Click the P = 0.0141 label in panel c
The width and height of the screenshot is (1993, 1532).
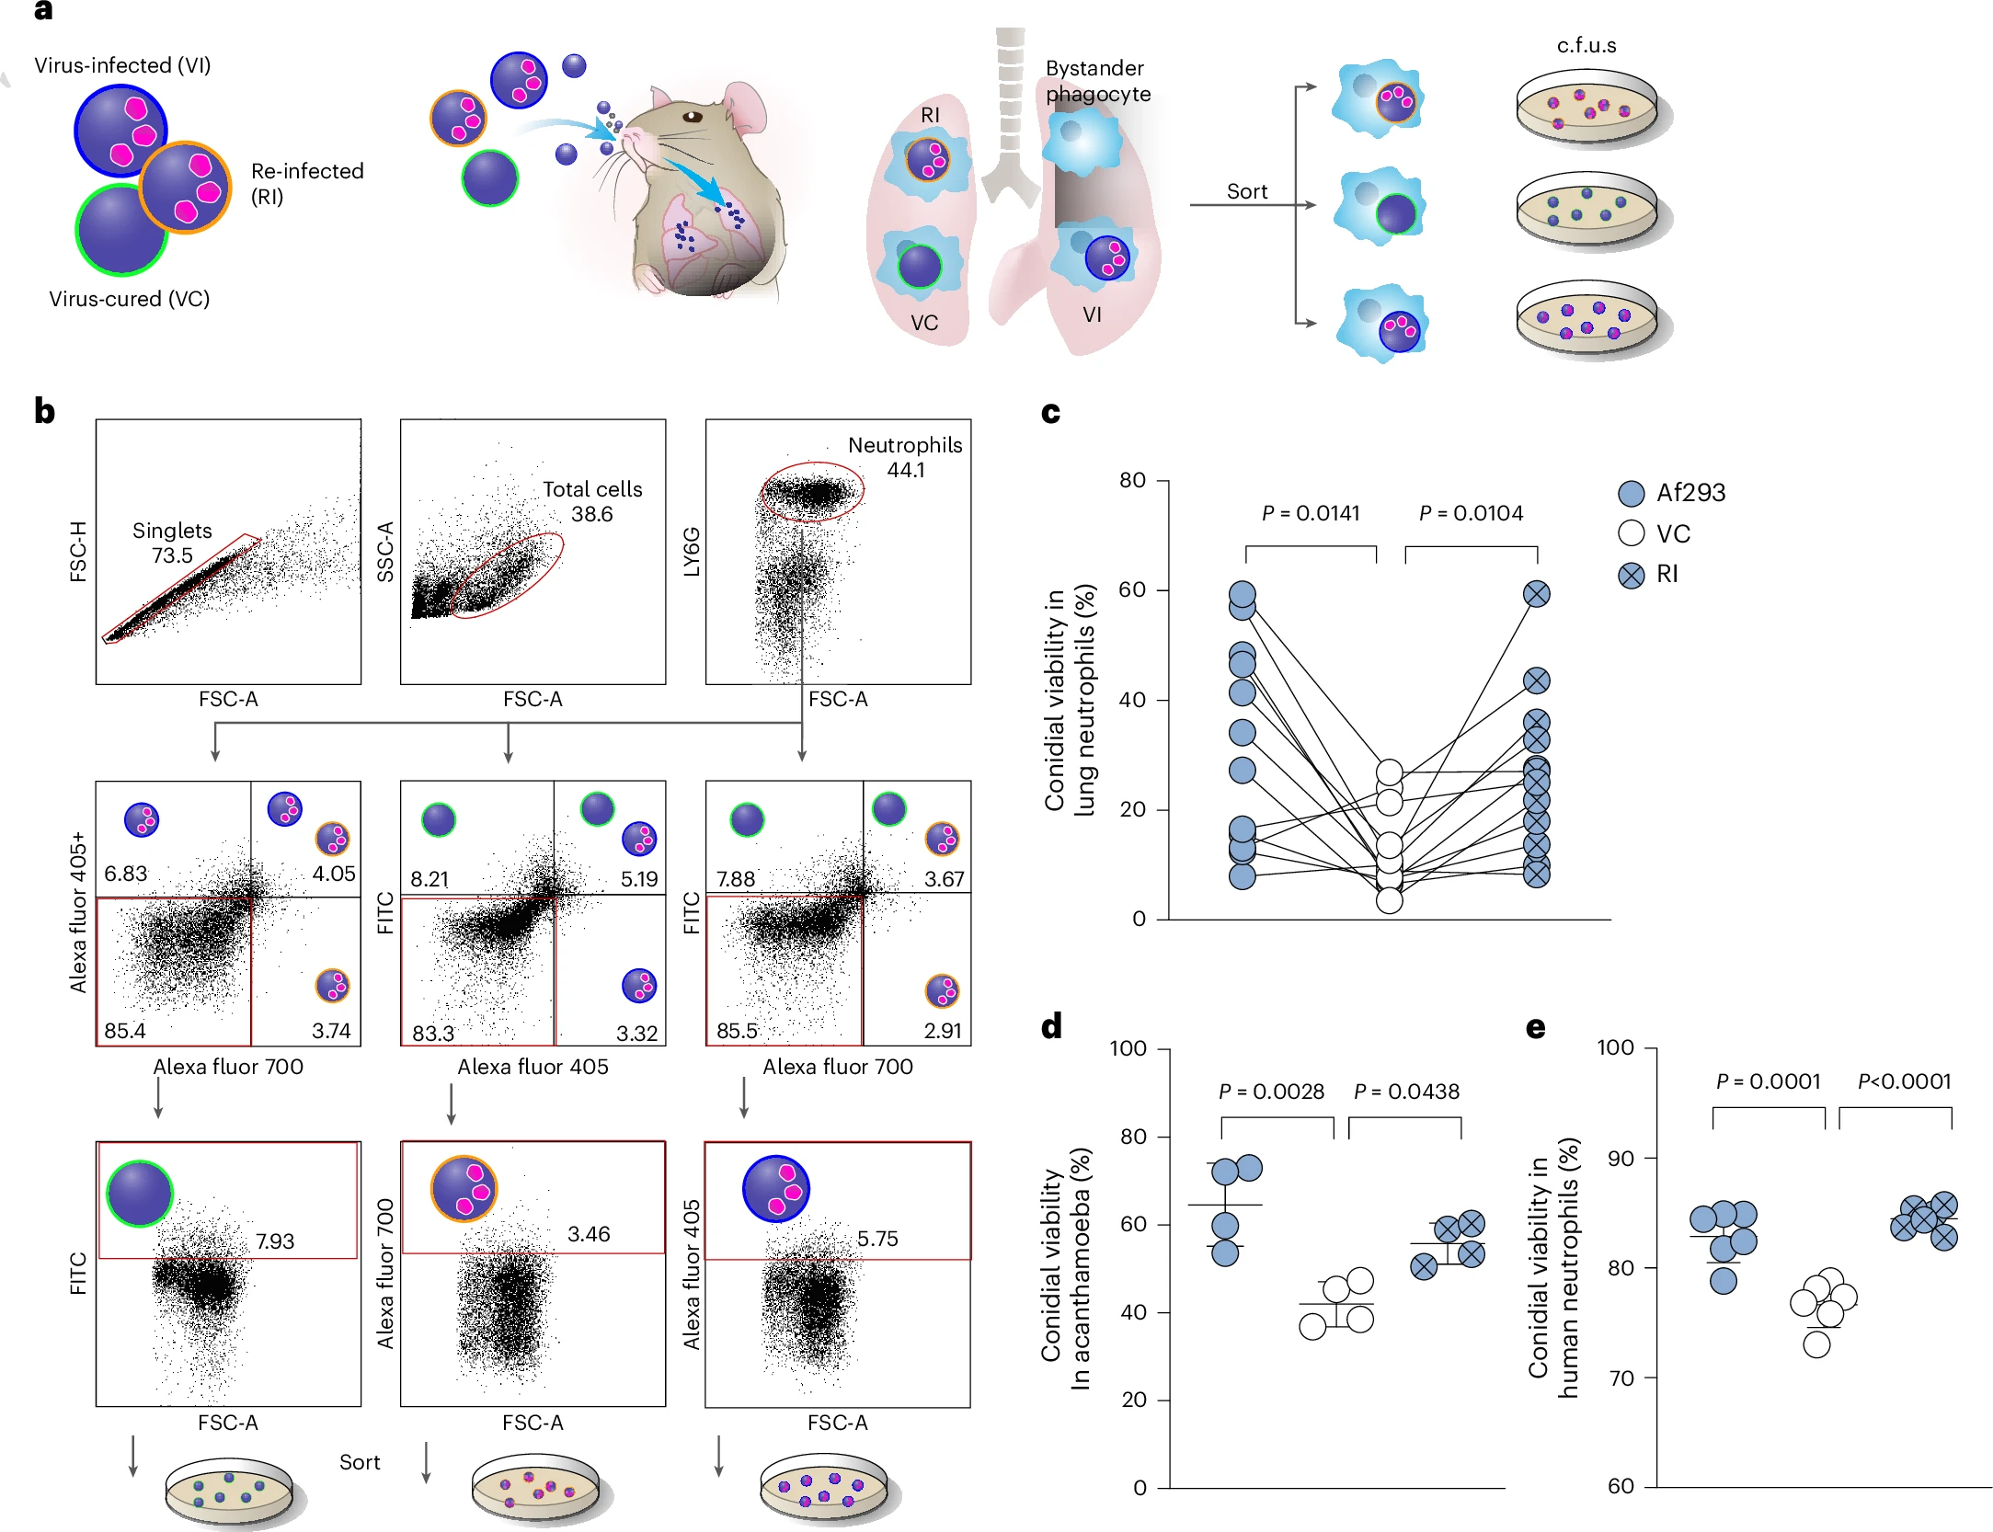(1310, 513)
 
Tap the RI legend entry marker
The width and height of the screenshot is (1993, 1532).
(1631, 575)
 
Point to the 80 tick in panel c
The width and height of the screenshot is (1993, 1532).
(1132, 480)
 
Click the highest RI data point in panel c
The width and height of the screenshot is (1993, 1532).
(1536, 594)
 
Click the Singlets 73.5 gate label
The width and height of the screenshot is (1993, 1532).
(172, 543)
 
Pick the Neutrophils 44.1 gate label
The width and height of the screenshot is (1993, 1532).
(905, 457)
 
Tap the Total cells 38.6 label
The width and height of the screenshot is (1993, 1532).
(592, 501)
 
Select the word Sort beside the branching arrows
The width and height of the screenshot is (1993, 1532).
(1246, 191)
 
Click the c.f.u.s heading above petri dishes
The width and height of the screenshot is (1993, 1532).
(1586, 45)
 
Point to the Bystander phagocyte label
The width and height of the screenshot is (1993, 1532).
(1097, 81)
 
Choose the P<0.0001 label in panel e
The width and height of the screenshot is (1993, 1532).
(1904, 1081)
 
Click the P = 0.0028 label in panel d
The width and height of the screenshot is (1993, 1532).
(1271, 1092)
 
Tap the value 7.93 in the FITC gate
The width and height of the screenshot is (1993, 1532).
(275, 1241)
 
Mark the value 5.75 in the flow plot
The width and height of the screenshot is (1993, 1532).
(877, 1239)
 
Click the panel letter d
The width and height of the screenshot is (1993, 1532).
(1051, 1025)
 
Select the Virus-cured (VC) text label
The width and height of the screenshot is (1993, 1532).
(129, 299)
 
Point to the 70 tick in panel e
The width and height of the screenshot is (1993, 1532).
(1621, 1378)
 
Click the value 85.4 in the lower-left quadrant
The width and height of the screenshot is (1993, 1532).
(125, 1031)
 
